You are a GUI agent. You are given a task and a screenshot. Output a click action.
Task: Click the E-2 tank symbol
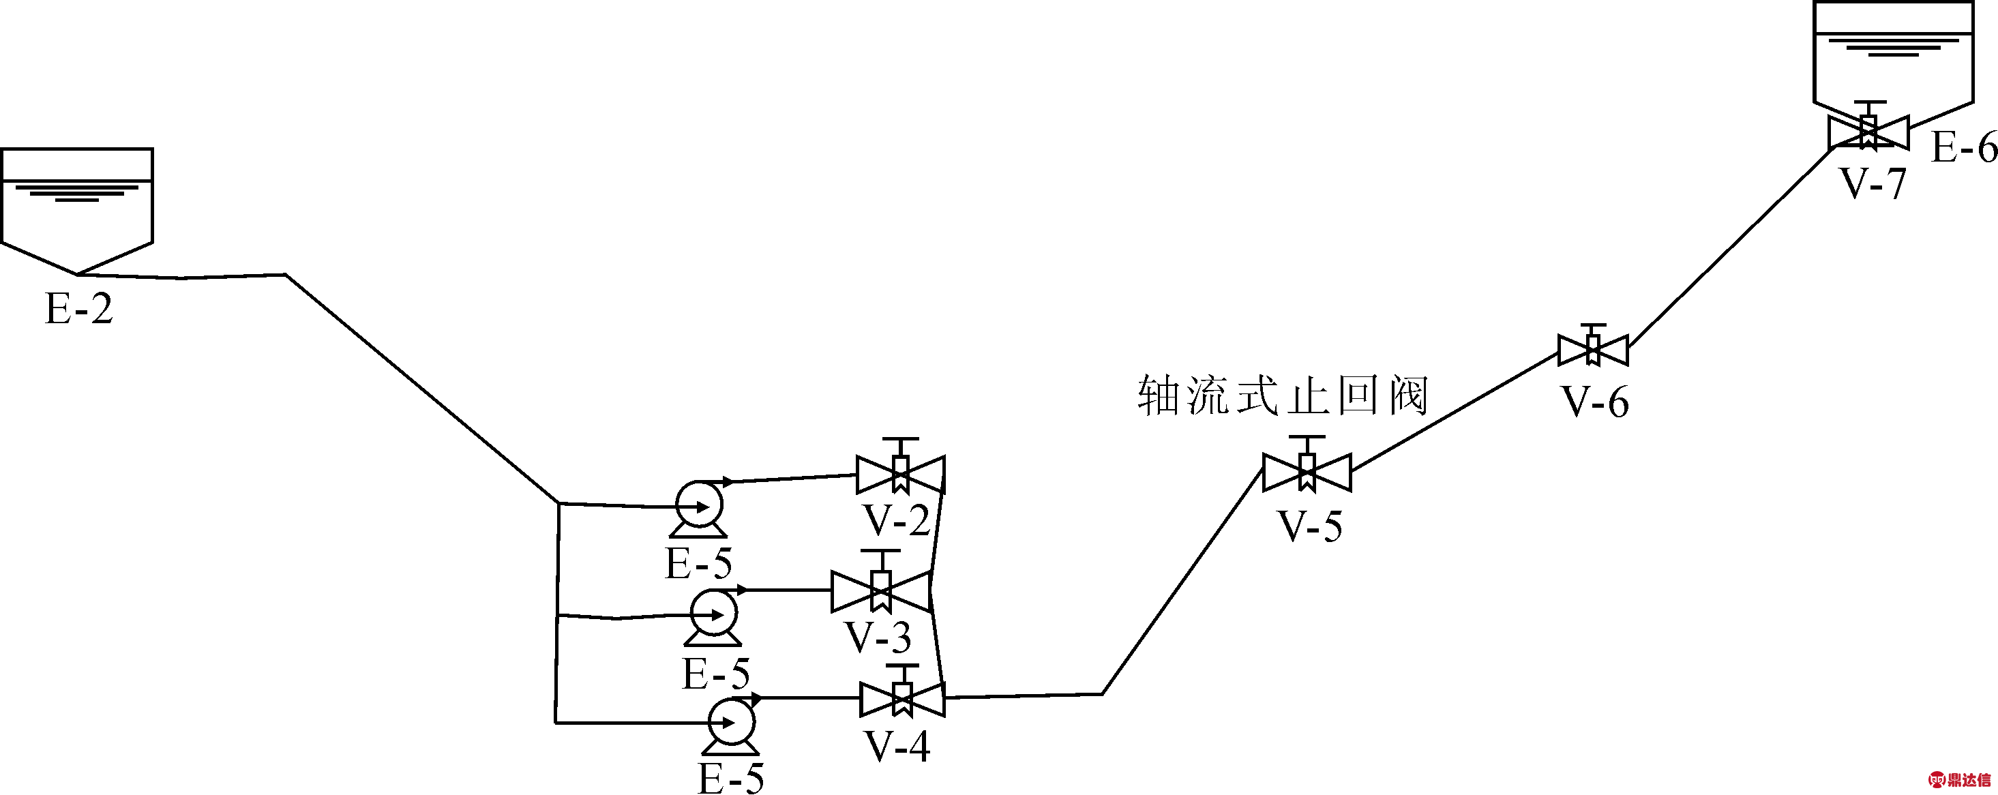pos(77,210)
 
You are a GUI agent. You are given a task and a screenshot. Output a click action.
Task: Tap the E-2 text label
pos(79,309)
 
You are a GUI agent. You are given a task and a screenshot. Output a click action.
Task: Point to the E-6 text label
pos(1963,147)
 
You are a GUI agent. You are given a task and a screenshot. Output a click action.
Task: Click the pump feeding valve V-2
pos(699,507)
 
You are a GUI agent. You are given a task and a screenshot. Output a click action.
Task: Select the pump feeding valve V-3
pos(713,616)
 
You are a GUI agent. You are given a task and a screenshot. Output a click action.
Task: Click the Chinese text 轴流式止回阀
pos(1283,396)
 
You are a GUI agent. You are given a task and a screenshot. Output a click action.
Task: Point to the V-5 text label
pos(1310,526)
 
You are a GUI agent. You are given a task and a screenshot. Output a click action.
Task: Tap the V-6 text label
pos(1596,402)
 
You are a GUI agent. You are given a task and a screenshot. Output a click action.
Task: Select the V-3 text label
pos(878,637)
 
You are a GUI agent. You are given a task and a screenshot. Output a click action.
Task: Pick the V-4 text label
pos(897,746)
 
